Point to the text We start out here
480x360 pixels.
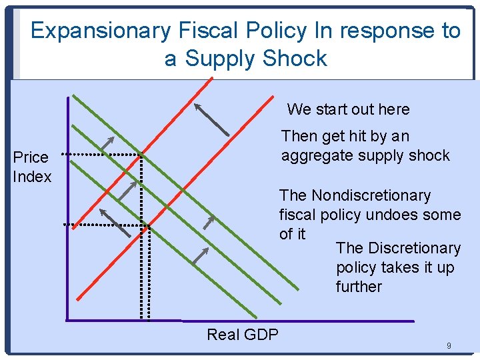click(x=348, y=109)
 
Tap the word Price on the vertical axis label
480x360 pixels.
click(x=31, y=157)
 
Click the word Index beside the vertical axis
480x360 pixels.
click(x=32, y=177)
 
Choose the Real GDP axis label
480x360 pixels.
click(x=243, y=334)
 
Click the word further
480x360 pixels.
click(x=359, y=287)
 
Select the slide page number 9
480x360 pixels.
click(x=449, y=346)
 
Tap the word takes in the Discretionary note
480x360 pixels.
click(x=399, y=267)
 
